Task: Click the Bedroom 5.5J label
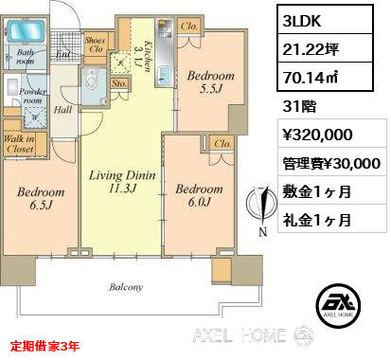click(205, 82)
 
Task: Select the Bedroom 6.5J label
click(41, 197)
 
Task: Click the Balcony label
click(125, 286)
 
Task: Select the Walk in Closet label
click(20, 145)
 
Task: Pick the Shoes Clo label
click(94, 44)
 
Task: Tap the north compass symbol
click(252, 207)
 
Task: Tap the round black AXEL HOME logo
click(335, 302)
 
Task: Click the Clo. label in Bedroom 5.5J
click(187, 28)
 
